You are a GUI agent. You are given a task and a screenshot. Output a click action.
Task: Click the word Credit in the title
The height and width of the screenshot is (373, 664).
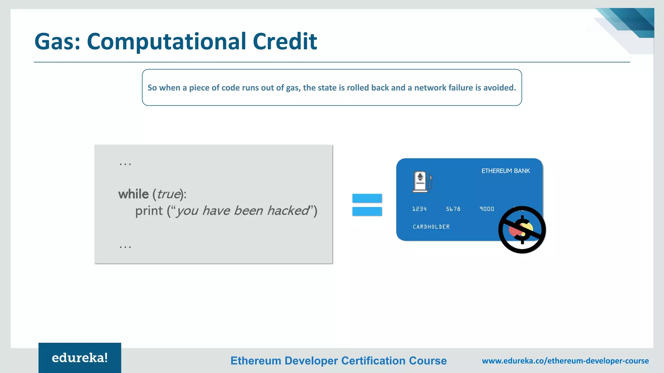click(x=284, y=41)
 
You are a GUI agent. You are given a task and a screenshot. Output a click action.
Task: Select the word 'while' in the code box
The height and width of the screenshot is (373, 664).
click(x=133, y=194)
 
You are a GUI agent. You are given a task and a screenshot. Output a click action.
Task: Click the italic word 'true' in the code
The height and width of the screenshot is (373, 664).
click(x=169, y=194)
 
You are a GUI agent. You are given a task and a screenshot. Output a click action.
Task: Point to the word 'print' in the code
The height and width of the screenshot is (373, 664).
click(x=149, y=211)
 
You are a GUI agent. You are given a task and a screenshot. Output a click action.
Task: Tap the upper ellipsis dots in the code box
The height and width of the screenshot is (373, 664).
click(x=125, y=164)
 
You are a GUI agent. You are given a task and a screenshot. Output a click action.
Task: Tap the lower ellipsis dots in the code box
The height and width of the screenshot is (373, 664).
click(x=125, y=247)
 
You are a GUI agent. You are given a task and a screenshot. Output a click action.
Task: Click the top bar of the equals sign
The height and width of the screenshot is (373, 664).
click(x=367, y=198)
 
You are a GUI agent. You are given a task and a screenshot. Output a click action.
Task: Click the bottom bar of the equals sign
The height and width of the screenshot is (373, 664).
click(x=367, y=211)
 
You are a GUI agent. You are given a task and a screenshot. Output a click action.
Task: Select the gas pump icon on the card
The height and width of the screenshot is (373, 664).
click(x=422, y=182)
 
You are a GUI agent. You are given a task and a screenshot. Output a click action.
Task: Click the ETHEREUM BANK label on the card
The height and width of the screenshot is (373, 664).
click(x=505, y=171)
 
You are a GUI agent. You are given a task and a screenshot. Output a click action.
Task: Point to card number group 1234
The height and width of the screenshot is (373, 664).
click(x=419, y=209)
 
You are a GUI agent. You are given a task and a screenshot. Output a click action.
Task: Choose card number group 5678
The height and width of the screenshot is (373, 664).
click(x=453, y=209)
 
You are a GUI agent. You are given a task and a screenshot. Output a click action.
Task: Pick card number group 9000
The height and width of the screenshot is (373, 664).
click(x=487, y=209)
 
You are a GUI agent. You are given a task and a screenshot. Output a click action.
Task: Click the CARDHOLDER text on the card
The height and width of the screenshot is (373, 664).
click(x=431, y=227)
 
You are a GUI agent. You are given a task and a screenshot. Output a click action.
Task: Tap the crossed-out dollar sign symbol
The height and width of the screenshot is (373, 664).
click(x=522, y=230)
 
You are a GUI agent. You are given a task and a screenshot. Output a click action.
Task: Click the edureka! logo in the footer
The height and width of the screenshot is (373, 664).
click(x=80, y=358)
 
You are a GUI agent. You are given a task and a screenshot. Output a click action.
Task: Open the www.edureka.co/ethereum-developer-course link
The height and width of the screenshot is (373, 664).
click(x=565, y=361)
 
